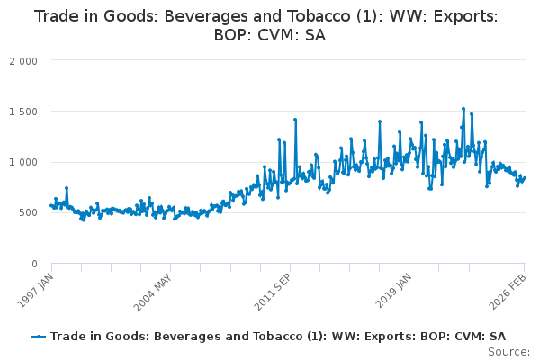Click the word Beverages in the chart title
[x=216, y=16]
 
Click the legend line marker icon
[x=39, y=336]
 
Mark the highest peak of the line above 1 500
[x=463, y=109]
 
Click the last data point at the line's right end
[x=525, y=178]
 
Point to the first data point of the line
[x=51, y=206]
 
